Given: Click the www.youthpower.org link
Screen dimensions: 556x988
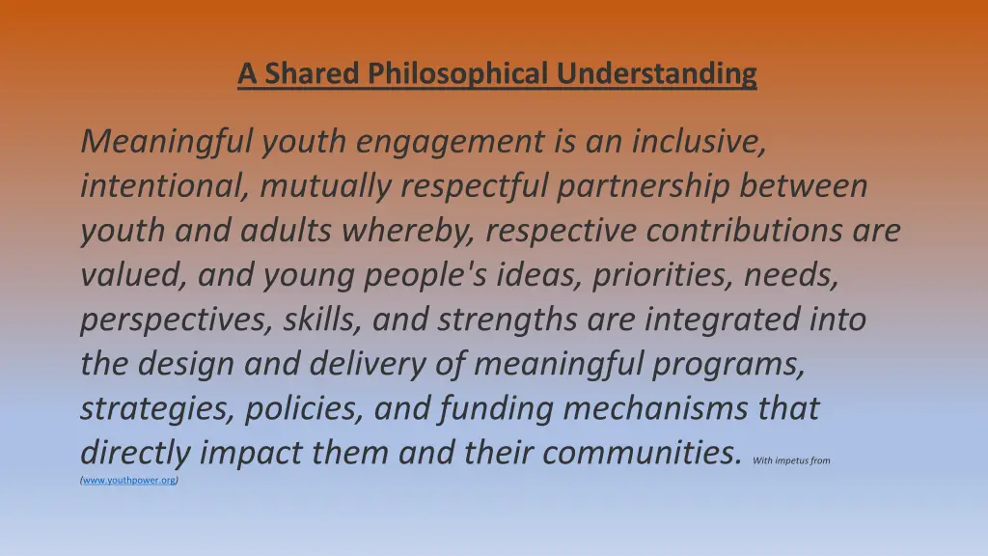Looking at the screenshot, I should [129, 480].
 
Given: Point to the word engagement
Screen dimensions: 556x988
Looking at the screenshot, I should [449, 143].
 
